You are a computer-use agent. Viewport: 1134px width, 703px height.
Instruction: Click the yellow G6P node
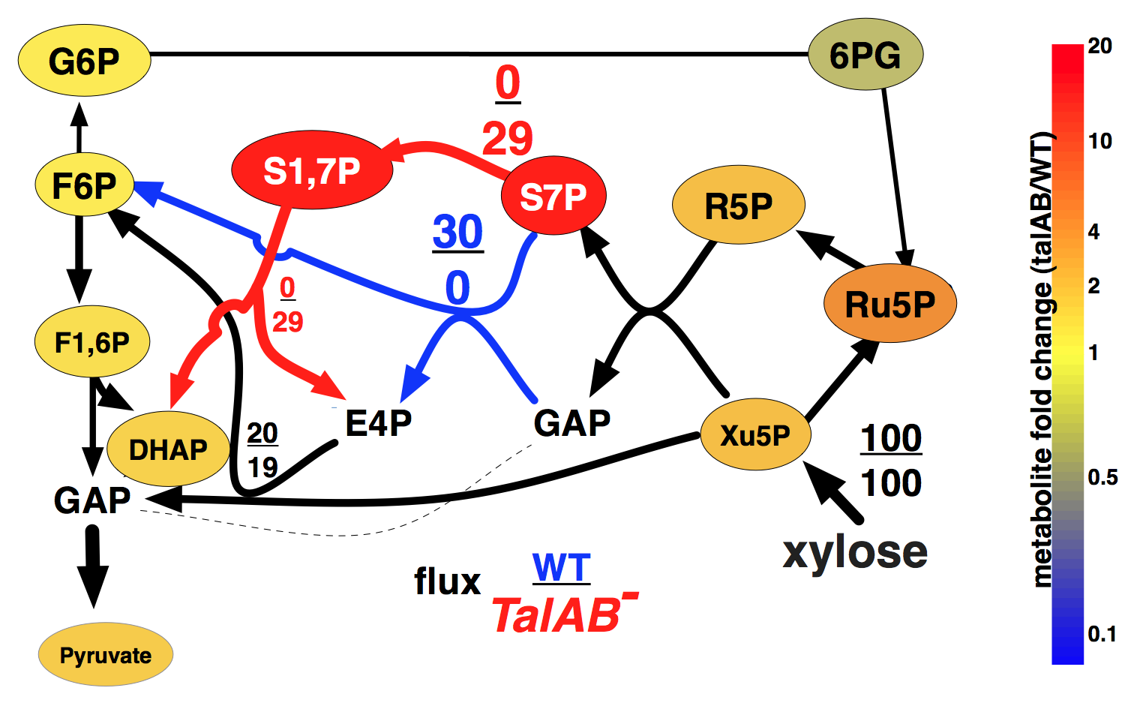click(84, 60)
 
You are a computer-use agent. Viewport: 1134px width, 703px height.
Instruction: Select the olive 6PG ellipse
click(865, 55)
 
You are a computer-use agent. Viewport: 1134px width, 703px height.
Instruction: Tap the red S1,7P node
click(312, 170)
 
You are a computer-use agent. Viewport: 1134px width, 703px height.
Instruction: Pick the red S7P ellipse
click(553, 196)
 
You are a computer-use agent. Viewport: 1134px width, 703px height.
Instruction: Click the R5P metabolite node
click(739, 205)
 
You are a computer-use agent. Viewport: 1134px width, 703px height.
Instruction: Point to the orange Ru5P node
click(890, 304)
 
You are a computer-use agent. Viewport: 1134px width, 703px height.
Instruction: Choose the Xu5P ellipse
click(755, 434)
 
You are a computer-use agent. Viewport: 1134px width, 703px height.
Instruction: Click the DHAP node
click(168, 449)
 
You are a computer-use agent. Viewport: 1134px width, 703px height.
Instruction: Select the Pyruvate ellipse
click(106, 655)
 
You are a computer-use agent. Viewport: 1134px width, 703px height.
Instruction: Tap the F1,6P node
click(92, 342)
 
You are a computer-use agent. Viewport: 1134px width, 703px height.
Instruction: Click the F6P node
click(84, 185)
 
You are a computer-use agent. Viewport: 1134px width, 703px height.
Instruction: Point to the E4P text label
click(378, 423)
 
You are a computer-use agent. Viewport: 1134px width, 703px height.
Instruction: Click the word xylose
click(855, 551)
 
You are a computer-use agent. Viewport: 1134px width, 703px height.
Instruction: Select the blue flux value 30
click(457, 233)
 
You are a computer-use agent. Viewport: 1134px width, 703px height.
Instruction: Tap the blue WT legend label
click(561, 568)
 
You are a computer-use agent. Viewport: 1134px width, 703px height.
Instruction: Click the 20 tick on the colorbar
click(1099, 47)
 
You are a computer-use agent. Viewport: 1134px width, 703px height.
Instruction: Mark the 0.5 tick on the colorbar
click(1102, 477)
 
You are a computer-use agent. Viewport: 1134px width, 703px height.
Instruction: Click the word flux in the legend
click(447, 581)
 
